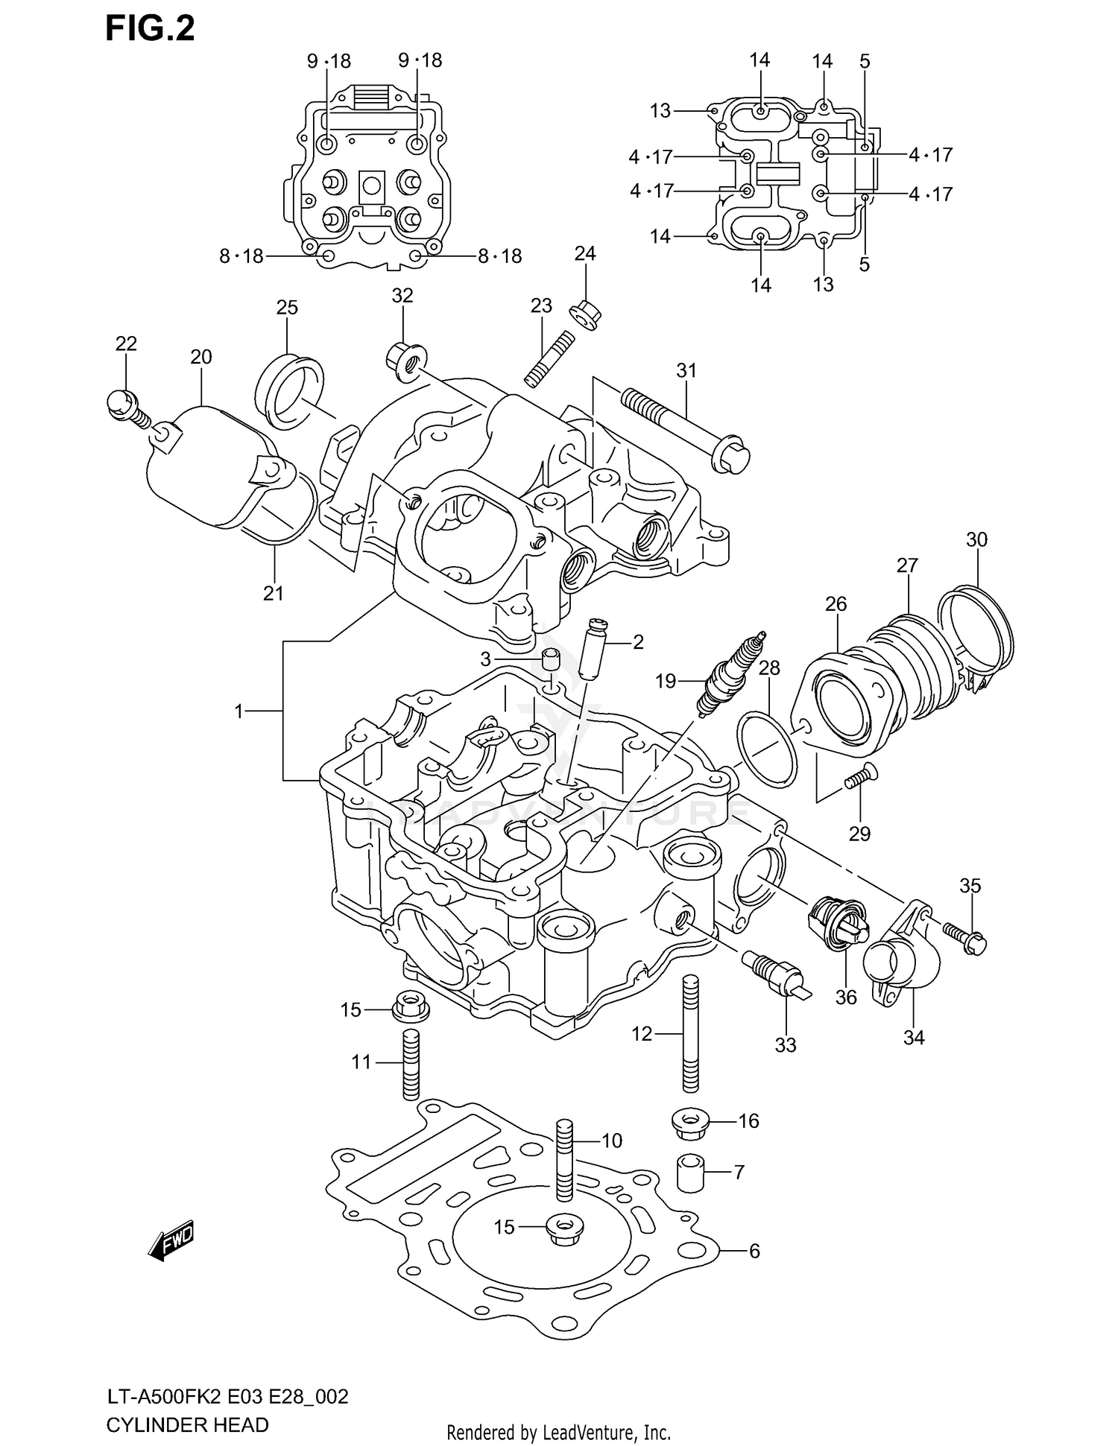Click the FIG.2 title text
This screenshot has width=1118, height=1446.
pyautogui.click(x=150, y=30)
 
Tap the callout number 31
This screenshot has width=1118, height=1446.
pyautogui.click(x=686, y=370)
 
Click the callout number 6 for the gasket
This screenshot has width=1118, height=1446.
pyautogui.click(x=754, y=1251)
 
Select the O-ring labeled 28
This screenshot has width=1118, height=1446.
pyautogui.click(x=766, y=748)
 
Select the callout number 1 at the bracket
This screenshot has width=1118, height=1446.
pyautogui.click(x=239, y=711)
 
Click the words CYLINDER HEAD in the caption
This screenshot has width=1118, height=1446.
pyautogui.click(x=186, y=1424)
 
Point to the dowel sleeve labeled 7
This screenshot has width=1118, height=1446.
pyautogui.click(x=690, y=1173)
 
